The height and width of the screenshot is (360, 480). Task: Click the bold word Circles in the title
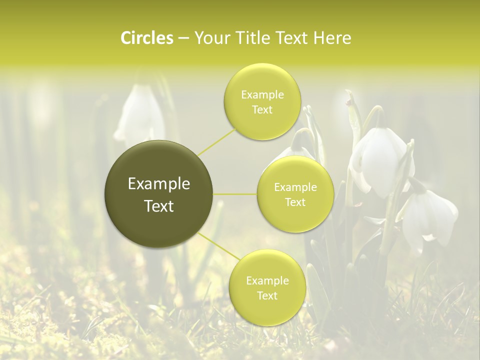pos(146,38)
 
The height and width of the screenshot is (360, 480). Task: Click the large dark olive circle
pos(158,194)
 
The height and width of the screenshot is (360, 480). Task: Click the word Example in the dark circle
pos(158,184)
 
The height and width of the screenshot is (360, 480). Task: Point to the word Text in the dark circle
pos(158,206)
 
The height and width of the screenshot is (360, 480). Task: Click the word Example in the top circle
pos(262,95)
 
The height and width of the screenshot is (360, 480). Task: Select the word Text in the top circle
pos(262,110)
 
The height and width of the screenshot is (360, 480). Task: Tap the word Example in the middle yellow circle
pos(295,187)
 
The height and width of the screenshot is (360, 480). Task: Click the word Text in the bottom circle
pos(267,296)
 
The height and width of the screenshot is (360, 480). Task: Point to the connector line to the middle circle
pos(235,193)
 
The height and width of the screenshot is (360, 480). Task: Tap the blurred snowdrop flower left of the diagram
pos(139,115)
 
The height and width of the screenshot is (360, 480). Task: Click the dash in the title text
pos(183,38)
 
